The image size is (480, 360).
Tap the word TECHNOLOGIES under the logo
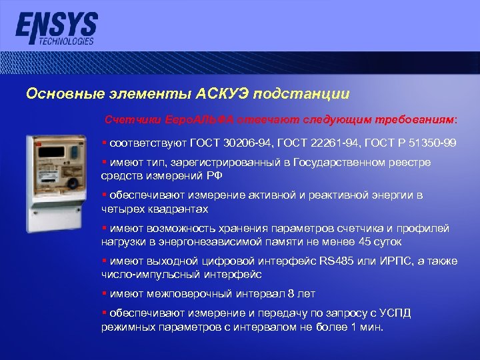[66, 41]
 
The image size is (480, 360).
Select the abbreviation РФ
[215, 175]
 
